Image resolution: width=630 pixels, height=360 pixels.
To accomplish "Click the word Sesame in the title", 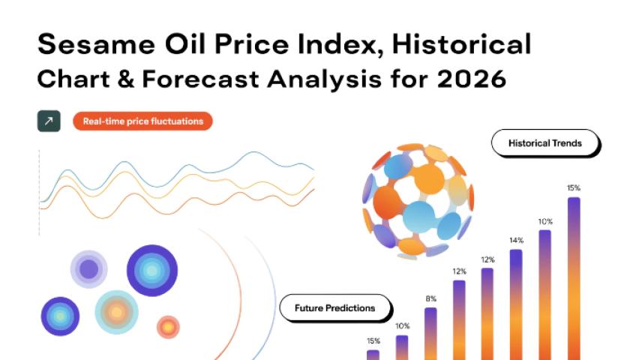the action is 97,43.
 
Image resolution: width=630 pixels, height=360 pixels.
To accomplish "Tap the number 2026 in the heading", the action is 471,79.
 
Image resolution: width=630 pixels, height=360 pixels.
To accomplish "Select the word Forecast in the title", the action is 200,79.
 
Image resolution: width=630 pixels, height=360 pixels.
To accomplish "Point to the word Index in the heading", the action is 341,44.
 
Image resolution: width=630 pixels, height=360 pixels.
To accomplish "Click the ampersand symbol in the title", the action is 126,79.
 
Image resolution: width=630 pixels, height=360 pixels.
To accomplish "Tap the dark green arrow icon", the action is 49,121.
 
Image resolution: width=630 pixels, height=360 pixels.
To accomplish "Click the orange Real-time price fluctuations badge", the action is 142,121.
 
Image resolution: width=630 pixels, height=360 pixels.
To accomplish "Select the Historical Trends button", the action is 545,143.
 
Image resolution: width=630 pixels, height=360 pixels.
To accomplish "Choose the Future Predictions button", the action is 335,308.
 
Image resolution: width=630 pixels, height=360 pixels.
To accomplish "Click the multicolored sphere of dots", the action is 418,200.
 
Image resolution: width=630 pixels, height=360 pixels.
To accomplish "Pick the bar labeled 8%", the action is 430,334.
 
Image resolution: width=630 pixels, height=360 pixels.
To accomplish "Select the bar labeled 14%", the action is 516,304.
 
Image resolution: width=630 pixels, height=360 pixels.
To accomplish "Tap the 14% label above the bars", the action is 516,240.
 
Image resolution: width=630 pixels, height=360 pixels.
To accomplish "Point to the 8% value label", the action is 430,298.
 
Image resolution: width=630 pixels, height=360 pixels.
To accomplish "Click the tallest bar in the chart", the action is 574,278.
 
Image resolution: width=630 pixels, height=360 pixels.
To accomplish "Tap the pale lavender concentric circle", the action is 88,269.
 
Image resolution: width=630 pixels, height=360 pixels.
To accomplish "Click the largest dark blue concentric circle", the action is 151,271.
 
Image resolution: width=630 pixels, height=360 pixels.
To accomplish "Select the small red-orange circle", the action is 168,327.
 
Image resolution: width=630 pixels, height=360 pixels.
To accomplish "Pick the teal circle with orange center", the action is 116,312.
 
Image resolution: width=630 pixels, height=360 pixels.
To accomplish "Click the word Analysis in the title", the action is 324,79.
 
